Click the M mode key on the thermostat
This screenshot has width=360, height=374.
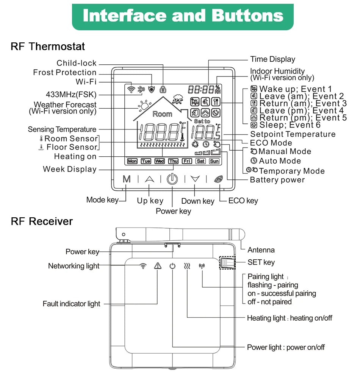pyautogui.click(x=127, y=179)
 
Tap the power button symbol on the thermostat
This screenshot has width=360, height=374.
pyautogui.click(x=172, y=179)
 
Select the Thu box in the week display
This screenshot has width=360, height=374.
pyautogui.click(x=173, y=161)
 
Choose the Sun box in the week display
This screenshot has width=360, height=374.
pyautogui.click(x=214, y=161)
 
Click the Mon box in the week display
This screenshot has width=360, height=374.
pyautogui.click(x=132, y=161)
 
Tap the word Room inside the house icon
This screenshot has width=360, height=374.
pyautogui.click(x=162, y=114)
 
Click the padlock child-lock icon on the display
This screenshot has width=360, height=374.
pyautogui.click(x=163, y=89)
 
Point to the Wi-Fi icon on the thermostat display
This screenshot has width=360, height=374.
pyautogui.click(x=131, y=90)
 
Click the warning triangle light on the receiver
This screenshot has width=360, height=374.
pyautogui.click(x=158, y=266)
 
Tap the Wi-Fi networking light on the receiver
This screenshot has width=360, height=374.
pyautogui.click(x=143, y=266)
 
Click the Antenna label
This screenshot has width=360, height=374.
pyautogui.click(x=261, y=250)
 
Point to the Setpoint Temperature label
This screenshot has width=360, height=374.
pyautogui.click(x=293, y=134)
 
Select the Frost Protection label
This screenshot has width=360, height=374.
pyautogui.click(x=65, y=72)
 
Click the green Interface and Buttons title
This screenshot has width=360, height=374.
pyautogui.click(x=183, y=16)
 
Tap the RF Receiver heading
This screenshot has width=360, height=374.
pyautogui.click(x=42, y=221)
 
